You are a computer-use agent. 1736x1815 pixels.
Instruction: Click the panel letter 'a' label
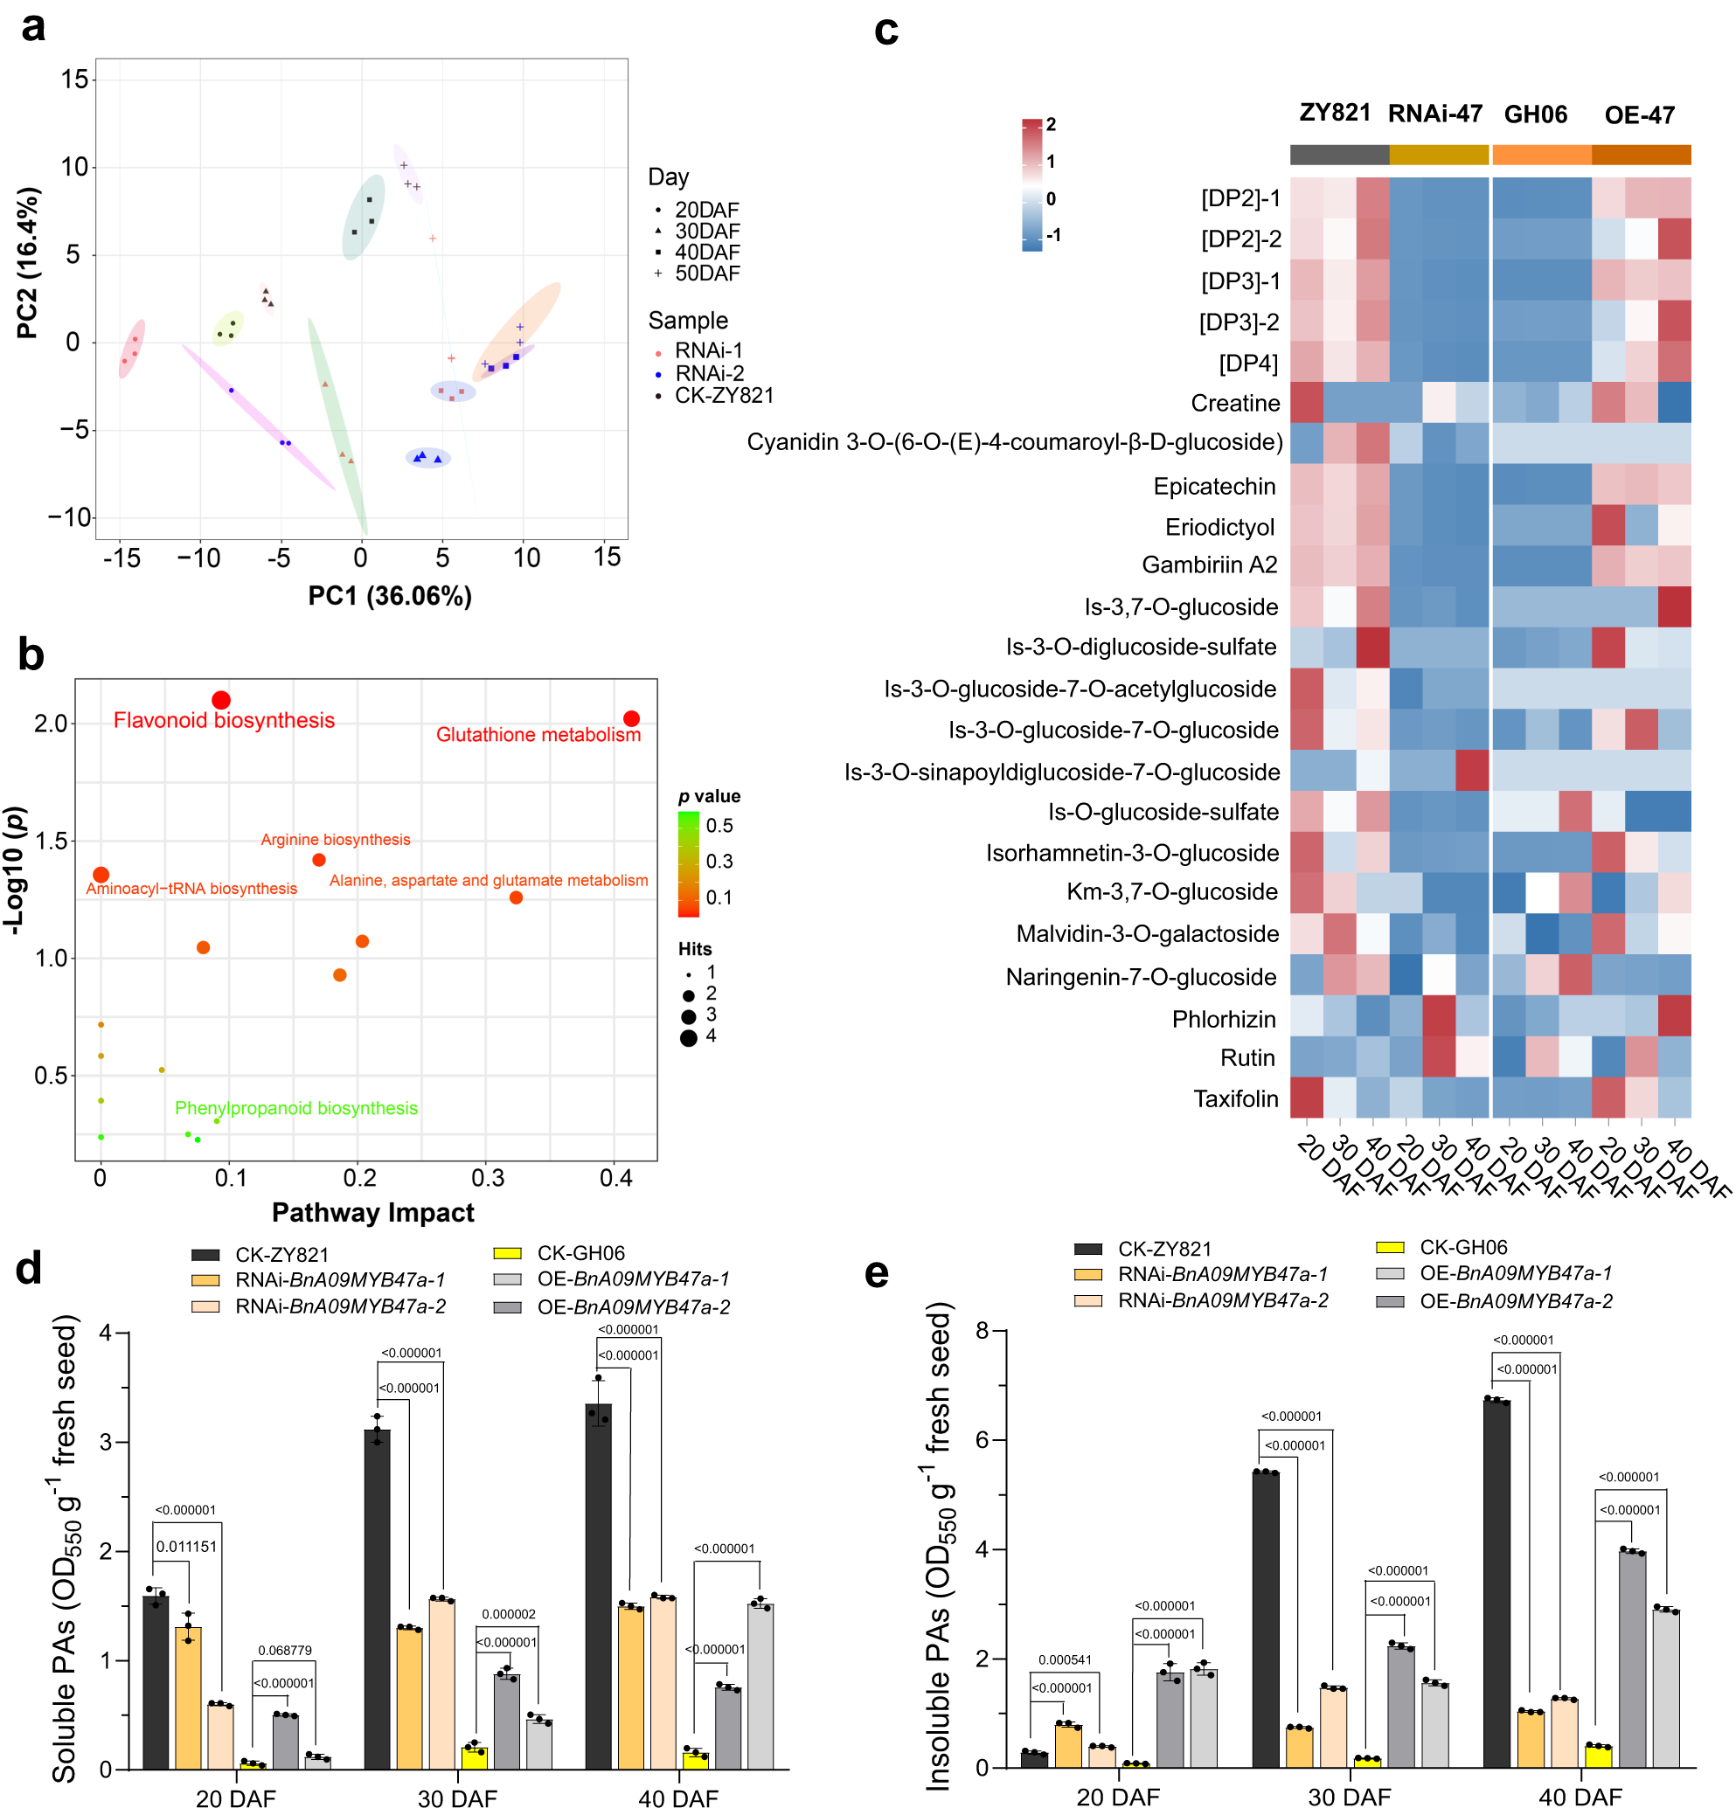[33, 28]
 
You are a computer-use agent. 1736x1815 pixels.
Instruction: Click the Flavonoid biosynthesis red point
[220, 700]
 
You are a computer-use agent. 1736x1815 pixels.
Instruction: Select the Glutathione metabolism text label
[538, 735]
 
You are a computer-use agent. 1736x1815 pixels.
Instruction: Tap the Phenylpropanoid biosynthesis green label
[296, 1108]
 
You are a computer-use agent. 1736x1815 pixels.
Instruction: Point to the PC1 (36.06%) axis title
[390, 596]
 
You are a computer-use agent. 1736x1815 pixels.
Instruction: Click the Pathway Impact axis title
[373, 1213]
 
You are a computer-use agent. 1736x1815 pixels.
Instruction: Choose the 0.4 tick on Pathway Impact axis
[615, 1178]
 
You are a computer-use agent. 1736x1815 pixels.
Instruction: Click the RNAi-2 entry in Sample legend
[709, 373]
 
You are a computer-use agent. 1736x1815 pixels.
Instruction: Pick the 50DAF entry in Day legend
[707, 273]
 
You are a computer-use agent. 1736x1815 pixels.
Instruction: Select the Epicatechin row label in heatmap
[1214, 487]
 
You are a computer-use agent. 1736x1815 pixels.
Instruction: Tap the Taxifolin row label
[1235, 1099]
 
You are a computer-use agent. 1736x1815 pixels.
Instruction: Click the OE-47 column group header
[1639, 115]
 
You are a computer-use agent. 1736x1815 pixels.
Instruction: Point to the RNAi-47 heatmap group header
[1434, 114]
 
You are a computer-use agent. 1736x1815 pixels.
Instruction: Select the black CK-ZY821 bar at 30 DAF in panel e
[1265, 1619]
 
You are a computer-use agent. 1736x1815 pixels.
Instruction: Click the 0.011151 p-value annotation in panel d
[186, 1547]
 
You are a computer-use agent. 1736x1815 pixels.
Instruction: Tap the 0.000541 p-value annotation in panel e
[1064, 1659]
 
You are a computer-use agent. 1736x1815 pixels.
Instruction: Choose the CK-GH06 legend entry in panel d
[580, 1253]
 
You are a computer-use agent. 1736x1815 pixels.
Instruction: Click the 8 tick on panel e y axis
[982, 1330]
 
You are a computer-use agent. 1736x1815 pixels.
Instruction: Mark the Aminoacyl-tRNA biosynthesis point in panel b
[101, 874]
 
